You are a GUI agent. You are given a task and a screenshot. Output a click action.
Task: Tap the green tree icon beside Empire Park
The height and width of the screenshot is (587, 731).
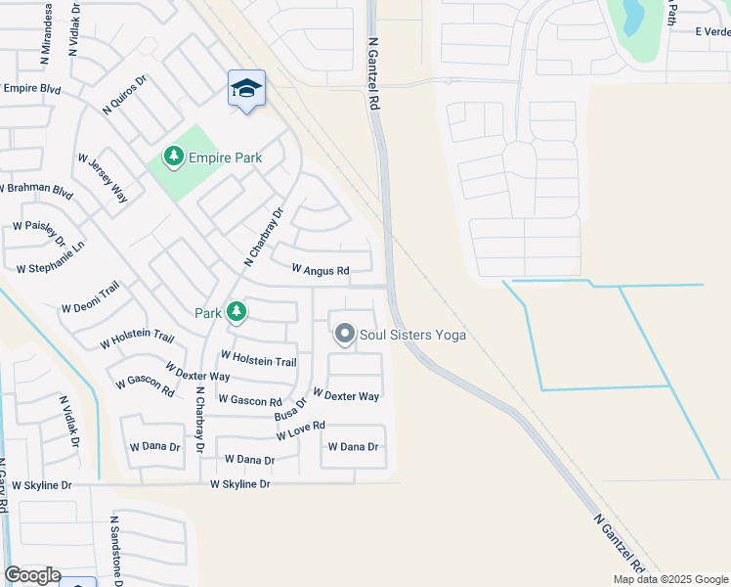click(174, 156)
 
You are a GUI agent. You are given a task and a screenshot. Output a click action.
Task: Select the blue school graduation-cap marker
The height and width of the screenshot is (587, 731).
click(246, 90)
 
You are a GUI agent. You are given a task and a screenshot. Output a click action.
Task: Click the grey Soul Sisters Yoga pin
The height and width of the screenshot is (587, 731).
click(344, 335)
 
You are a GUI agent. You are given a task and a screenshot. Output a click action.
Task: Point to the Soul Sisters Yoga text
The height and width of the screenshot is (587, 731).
click(412, 336)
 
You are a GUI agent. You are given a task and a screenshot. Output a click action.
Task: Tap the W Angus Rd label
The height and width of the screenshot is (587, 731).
click(321, 270)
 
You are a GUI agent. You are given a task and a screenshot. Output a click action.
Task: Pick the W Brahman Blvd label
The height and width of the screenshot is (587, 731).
click(36, 188)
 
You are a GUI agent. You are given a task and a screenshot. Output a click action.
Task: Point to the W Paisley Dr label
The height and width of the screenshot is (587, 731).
click(38, 234)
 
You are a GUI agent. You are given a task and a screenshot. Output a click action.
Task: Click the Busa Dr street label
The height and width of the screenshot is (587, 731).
click(291, 409)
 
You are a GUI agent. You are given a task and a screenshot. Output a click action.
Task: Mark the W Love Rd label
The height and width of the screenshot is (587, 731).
click(300, 431)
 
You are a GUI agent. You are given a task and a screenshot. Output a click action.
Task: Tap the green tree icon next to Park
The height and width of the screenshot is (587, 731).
click(236, 312)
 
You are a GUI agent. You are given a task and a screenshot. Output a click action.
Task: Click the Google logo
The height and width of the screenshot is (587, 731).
click(32, 575)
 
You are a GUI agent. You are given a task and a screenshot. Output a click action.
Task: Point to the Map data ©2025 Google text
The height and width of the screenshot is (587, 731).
click(670, 579)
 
